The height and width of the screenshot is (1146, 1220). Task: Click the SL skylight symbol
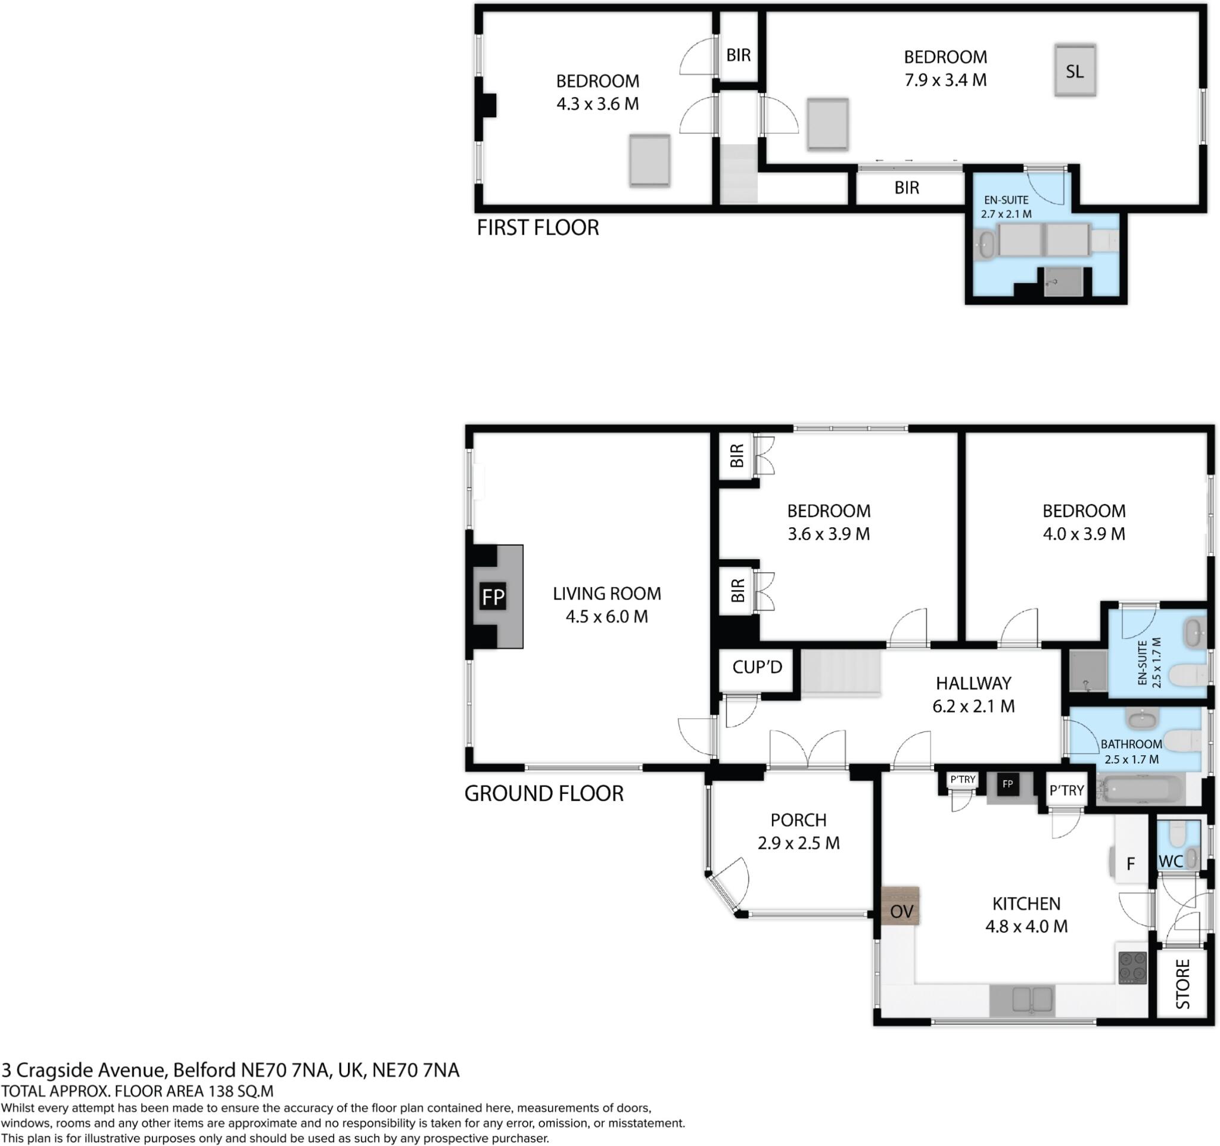pyautogui.click(x=1075, y=70)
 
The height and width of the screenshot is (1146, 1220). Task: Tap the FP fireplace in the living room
pyautogui.click(x=493, y=596)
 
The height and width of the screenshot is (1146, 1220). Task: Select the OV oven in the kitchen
pyautogui.click(x=901, y=912)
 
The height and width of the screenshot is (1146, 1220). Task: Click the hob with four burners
pyautogui.click(x=1132, y=968)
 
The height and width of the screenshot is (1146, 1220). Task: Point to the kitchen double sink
pyautogui.click(x=1022, y=1000)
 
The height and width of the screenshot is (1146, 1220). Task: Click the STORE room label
pyautogui.click(x=1182, y=985)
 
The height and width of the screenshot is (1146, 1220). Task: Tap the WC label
pyautogui.click(x=1171, y=861)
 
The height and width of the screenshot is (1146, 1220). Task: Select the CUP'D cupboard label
pyautogui.click(x=757, y=667)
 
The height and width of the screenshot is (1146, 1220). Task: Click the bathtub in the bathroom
pyautogui.click(x=1140, y=790)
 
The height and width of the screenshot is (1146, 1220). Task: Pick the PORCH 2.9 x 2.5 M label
pyautogui.click(x=798, y=832)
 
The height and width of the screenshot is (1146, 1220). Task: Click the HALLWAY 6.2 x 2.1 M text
pyautogui.click(x=973, y=694)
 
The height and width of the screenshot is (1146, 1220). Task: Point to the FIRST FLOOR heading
pyautogui.click(x=537, y=228)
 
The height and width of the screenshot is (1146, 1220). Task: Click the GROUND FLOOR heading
pyautogui.click(x=544, y=793)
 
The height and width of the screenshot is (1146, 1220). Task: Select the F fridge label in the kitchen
pyautogui.click(x=1131, y=864)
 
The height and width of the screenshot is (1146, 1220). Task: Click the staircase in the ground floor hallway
pyautogui.click(x=841, y=672)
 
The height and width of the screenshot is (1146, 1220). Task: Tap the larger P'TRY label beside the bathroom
pyautogui.click(x=1066, y=791)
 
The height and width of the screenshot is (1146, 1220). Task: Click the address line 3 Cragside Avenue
pyautogui.click(x=230, y=1070)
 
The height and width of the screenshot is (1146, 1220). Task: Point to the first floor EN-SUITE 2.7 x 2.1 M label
pyautogui.click(x=1006, y=207)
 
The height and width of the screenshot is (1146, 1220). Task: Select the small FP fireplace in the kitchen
pyautogui.click(x=1007, y=784)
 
